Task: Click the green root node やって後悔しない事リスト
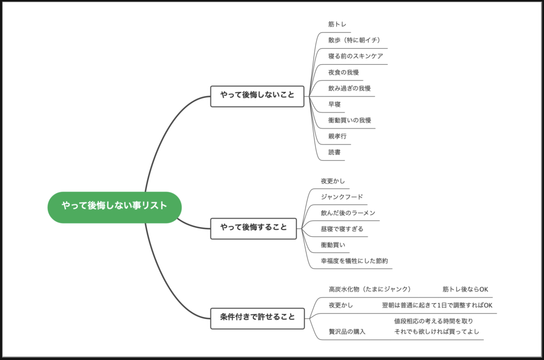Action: pyautogui.click(x=114, y=207)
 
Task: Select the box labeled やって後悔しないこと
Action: pyautogui.click(x=257, y=96)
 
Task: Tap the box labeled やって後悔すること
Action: pyautogui.click(x=253, y=228)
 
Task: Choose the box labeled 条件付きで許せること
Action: pyautogui.click(x=257, y=318)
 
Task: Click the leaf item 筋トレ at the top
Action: pyautogui.click(x=337, y=24)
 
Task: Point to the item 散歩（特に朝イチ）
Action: pyautogui.click(x=354, y=40)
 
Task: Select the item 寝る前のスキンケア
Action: pyautogui.click(x=355, y=56)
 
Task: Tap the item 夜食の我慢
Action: pyautogui.click(x=344, y=72)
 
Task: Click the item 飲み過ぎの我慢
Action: pyautogui.click(x=350, y=88)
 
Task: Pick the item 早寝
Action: pyautogui.click(x=335, y=104)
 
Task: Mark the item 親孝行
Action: pyautogui.click(x=337, y=136)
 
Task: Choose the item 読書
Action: pyautogui.click(x=335, y=152)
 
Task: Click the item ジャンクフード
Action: pyautogui.click(x=342, y=197)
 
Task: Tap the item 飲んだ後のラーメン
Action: pyautogui.click(x=347, y=213)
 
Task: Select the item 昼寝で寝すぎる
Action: pyautogui.click(x=342, y=229)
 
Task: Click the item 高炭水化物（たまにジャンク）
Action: pyautogui.click(x=370, y=289)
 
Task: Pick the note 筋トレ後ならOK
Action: pyautogui.click(x=465, y=289)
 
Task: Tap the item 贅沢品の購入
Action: pyautogui.click(x=347, y=332)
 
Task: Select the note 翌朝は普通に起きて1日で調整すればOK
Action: pyautogui.click(x=437, y=305)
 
